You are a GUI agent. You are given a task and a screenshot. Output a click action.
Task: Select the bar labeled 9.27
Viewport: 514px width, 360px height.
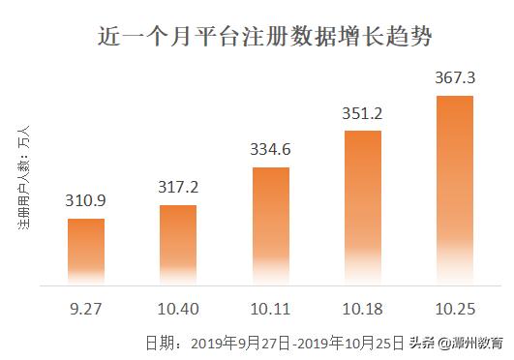click(85, 252)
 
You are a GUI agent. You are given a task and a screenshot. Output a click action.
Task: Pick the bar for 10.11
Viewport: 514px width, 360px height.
click(270, 226)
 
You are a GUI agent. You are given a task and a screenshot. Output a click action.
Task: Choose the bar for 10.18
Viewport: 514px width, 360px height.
click(362, 208)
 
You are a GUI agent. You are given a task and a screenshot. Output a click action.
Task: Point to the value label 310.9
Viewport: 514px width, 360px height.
click(85, 204)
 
